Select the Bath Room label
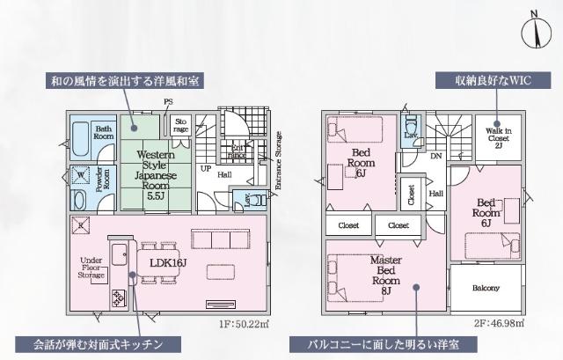105,133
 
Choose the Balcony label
486,289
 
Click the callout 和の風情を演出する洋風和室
125,81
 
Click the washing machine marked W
81,174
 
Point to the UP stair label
205,167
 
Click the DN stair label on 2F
436,156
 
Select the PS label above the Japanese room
167,102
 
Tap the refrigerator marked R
81,226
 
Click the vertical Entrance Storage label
280,161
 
